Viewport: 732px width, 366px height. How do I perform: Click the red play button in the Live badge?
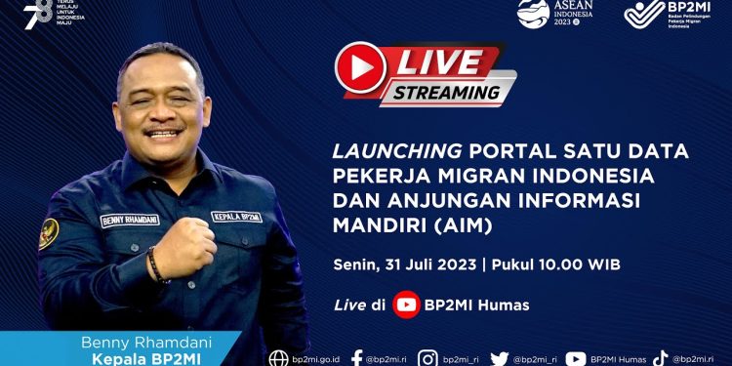click(358, 66)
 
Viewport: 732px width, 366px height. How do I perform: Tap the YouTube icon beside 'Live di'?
click(407, 305)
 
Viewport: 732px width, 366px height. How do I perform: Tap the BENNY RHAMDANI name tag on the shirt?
click(128, 221)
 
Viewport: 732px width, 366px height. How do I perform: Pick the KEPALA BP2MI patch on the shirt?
click(236, 216)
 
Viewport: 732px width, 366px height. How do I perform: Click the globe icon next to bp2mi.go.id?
click(279, 358)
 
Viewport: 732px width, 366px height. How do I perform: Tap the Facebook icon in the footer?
click(357, 358)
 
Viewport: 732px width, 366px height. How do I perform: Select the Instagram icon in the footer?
click(427, 358)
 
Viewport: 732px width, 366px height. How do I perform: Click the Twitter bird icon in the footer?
click(500, 358)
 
